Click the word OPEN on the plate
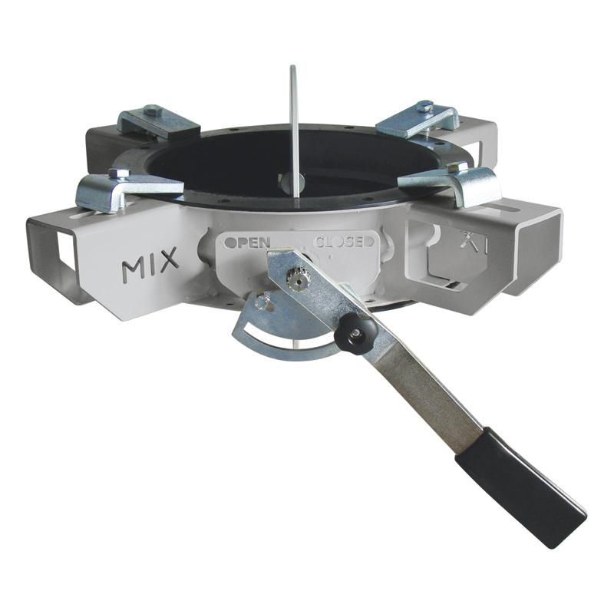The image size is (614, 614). click(x=247, y=242)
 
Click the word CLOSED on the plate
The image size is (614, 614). click(x=345, y=241)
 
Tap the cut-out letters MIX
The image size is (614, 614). click(x=150, y=266)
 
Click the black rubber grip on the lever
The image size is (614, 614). click(x=520, y=487)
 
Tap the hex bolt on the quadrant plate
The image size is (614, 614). click(x=263, y=302)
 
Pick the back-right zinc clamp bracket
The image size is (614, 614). click(x=418, y=118)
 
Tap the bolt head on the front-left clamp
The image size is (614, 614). click(x=119, y=174)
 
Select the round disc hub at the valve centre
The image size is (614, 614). click(x=292, y=183)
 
